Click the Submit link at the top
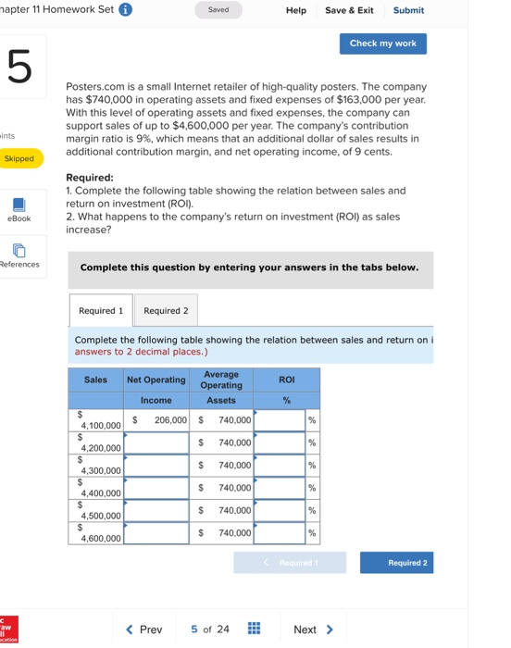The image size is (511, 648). pyautogui.click(x=408, y=10)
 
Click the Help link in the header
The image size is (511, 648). pyautogui.click(x=296, y=10)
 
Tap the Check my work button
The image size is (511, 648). pyautogui.click(x=382, y=44)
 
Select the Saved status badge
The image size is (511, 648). pyautogui.click(x=218, y=10)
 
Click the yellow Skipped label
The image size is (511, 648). pyautogui.click(x=19, y=159)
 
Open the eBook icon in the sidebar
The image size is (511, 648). pyautogui.click(x=19, y=205)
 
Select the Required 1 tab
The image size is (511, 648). pyautogui.click(x=101, y=310)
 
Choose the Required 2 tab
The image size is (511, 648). pyautogui.click(x=166, y=310)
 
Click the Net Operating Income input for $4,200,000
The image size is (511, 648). pyautogui.click(x=156, y=442)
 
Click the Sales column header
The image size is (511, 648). pyautogui.click(x=95, y=380)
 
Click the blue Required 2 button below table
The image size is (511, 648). pyautogui.click(x=396, y=562)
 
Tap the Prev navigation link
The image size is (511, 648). pyautogui.click(x=144, y=629)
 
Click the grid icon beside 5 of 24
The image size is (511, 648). pyautogui.click(x=254, y=629)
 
